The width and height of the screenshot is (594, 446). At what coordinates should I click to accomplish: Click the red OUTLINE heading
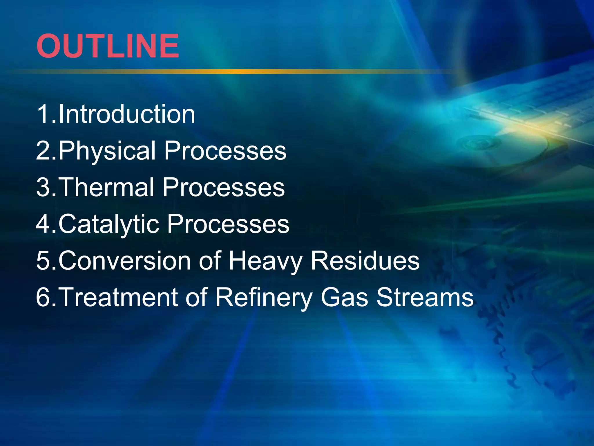pyautogui.click(x=108, y=46)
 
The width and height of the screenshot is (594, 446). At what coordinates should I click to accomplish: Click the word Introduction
pyautogui.click(x=127, y=114)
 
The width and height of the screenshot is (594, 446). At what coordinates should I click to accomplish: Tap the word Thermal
pyautogui.click(x=107, y=187)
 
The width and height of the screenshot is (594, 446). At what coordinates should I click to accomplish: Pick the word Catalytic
pyautogui.click(x=109, y=224)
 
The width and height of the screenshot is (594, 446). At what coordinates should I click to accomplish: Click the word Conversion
pyautogui.click(x=125, y=260)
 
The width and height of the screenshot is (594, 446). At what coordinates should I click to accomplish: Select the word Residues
pyautogui.click(x=365, y=260)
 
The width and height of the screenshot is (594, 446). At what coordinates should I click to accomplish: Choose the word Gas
pyautogui.click(x=345, y=297)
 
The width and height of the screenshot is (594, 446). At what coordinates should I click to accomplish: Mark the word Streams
pyautogui.click(x=425, y=297)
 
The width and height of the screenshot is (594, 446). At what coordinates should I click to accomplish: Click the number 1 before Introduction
pyautogui.click(x=44, y=114)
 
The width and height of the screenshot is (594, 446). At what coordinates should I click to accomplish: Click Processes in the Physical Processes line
pyautogui.click(x=225, y=151)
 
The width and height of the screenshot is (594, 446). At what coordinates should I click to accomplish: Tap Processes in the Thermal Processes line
pyautogui.click(x=224, y=187)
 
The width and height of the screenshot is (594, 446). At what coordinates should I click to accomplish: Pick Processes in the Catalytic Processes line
pyautogui.click(x=228, y=224)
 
